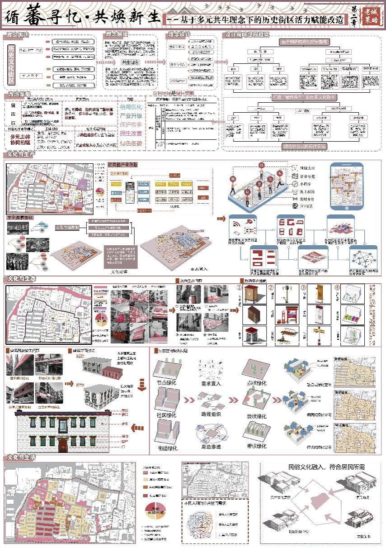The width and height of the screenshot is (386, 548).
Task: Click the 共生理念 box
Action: coord(130,62)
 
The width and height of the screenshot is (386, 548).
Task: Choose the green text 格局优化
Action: coord(131,107)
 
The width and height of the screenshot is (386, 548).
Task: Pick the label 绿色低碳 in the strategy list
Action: coord(131,143)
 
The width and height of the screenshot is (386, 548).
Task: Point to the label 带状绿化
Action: coord(255,448)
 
